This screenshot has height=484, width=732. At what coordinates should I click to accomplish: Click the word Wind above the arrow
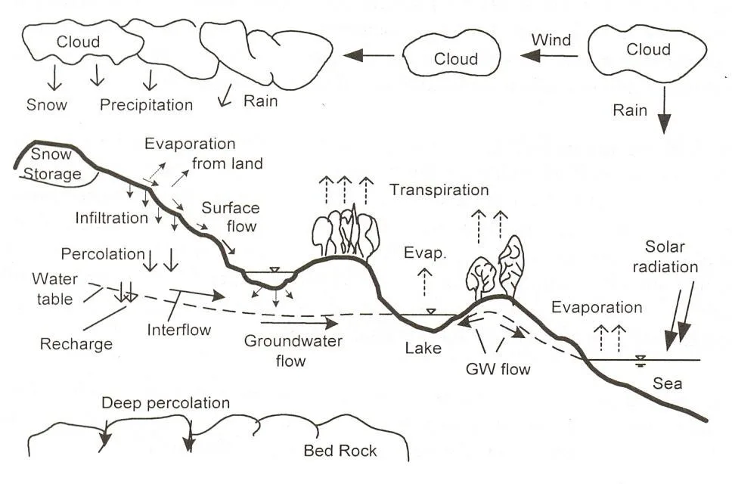[x=551, y=39]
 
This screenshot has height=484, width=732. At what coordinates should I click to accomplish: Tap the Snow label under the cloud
[x=47, y=104]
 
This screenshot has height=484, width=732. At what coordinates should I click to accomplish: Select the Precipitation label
[x=147, y=104]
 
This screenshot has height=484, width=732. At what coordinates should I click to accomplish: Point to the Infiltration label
[x=111, y=218]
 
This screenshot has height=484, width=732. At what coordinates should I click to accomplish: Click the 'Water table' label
[x=55, y=289]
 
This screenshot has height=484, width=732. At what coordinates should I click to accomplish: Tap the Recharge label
[x=76, y=344]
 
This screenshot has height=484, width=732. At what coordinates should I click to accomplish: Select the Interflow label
[x=179, y=330]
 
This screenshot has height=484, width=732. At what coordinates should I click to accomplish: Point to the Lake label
[x=423, y=349]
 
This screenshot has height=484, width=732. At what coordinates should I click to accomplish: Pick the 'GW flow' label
[x=498, y=370]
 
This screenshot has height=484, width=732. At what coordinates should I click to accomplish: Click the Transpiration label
[x=439, y=190]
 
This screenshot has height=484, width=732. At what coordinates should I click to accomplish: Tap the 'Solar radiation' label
[x=672, y=256]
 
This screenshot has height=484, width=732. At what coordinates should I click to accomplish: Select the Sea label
[x=668, y=383]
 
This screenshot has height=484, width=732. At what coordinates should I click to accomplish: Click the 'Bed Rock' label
[x=340, y=451]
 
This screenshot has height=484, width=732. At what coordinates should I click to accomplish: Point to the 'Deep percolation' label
[x=166, y=403]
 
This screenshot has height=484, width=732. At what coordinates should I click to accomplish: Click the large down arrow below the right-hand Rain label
[x=664, y=114]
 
